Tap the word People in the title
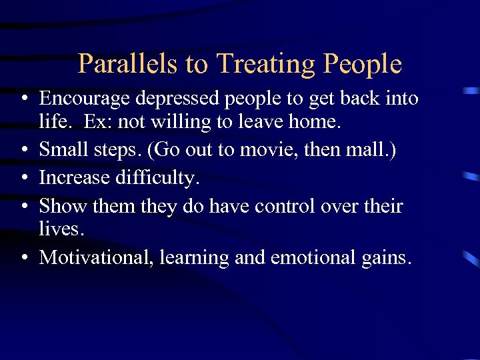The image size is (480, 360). click(x=363, y=64)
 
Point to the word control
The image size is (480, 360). click(x=315, y=205)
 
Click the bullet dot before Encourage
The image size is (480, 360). click(x=24, y=100)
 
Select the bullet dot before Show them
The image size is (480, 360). click(x=24, y=206)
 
